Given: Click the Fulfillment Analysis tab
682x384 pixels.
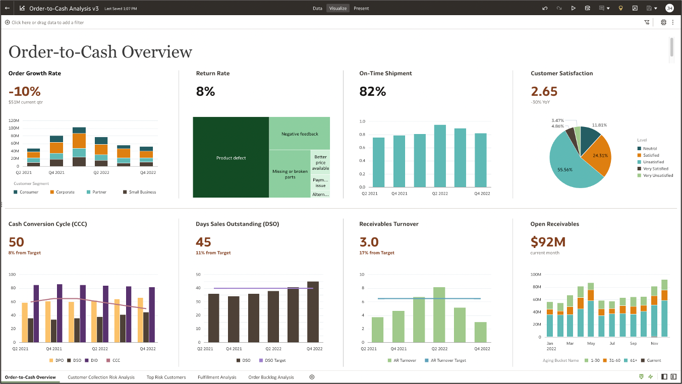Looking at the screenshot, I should [x=217, y=377].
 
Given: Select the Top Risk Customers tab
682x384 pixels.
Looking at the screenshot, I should [x=166, y=377].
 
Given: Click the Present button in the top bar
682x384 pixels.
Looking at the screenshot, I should [x=361, y=9].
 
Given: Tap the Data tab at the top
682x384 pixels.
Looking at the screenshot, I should [x=317, y=9].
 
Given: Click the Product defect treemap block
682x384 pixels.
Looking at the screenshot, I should [x=231, y=158].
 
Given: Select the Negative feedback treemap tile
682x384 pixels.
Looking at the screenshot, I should [x=300, y=134].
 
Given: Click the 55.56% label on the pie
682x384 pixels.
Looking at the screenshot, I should [x=564, y=170].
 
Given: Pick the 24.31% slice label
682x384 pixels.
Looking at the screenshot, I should [x=600, y=155].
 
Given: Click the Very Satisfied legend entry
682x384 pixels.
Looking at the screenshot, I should [x=655, y=169].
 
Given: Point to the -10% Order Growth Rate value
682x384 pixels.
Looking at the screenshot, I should [x=25, y=92].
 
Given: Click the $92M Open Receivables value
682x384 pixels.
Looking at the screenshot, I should [x=548, y=242].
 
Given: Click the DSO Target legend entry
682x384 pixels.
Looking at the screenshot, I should [x=275, y=360].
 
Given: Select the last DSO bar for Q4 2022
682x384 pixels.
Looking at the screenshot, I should [x=313, y=312].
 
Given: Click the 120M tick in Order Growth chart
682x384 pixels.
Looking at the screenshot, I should [x=14, y=121].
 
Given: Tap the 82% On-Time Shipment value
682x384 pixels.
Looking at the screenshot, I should [x=372, y=92].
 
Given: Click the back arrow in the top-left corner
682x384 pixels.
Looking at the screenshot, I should [x=8, y=9].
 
